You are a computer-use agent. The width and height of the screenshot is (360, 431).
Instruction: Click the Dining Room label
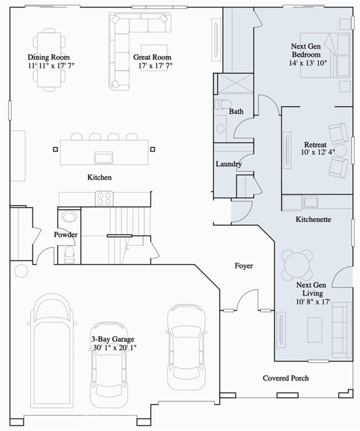click(50, 57)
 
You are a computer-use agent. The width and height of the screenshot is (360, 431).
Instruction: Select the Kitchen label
click(99, 177)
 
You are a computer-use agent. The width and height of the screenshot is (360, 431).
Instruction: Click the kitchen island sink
click(103, 158)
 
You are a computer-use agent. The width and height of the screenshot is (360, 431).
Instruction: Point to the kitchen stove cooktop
click(104, 198)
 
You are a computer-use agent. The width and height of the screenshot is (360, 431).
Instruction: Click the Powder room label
click(66, 235)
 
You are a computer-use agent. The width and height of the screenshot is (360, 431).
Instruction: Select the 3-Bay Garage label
click(113, 339)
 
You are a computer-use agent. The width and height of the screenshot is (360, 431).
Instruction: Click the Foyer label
click(243, 266)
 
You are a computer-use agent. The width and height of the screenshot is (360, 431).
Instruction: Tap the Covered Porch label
click(286, 378)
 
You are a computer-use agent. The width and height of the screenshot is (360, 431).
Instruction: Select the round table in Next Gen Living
click(297, 263)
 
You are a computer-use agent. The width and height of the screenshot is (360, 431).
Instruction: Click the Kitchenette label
click(313, 220)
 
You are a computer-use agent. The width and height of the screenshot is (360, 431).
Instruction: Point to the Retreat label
click(316, 145)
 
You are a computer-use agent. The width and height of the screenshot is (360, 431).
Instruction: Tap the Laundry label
click(229, 164)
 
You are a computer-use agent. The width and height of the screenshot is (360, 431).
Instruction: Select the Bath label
click(236, 111)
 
